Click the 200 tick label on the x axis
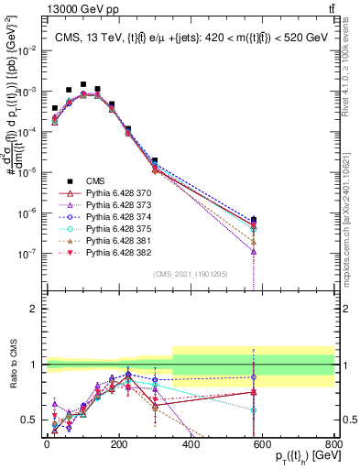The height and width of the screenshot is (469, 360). tap(118, 446)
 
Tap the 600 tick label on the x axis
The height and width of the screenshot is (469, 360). tap(263, 446)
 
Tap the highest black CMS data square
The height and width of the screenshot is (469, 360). tap(83, 84)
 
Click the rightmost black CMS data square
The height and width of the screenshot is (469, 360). tap(253, 220)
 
